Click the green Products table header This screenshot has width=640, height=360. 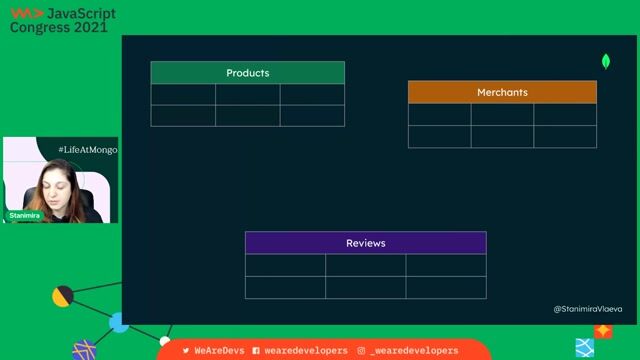tap(247, 73)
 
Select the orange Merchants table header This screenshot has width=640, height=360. tap(502, 92)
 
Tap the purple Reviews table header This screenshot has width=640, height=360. tap(365, 243)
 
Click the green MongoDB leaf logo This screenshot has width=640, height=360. tap(606, 61)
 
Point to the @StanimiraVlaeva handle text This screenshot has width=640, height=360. tap(588, 309)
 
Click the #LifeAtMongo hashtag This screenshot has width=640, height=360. tap(88, 149)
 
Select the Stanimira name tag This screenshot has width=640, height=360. tap(25, 215)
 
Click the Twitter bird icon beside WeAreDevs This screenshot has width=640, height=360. tap(186, 351)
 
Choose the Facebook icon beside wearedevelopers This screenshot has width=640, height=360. tap(257, 351)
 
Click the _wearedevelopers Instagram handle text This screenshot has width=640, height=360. tap(413, 351)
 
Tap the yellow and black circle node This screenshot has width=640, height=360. tap(63, 296)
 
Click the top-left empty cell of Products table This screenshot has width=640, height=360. tap(183, 94)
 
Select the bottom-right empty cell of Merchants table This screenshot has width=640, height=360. tap(565, 136)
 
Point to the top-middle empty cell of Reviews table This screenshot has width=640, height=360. tap(365, 264)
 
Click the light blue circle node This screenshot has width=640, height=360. tap(119, 322)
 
